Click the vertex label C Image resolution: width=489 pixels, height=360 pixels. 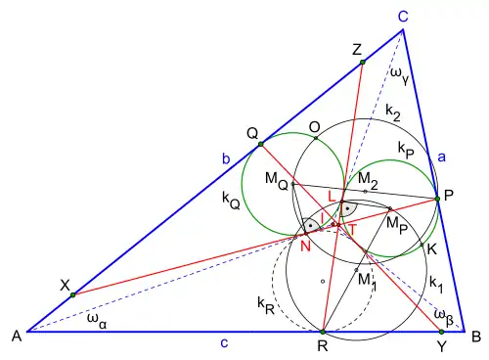[x=403, y=16]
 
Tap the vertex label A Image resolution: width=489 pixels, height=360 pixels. [x=17, y=336]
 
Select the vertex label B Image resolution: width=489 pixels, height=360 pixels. [x=476, y=337]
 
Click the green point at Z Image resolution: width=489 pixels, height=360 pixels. [x=363, y=62]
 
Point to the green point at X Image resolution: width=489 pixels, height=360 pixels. [x=73, y=294]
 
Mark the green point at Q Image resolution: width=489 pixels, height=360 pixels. [x=260, y=144]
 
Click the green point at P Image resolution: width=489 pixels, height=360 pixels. [x=437, y=199]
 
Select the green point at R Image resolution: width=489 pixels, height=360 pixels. [x=323, y=332]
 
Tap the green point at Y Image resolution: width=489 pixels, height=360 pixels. [x=441, y=332]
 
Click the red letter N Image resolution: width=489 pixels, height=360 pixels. [x=305, y=247]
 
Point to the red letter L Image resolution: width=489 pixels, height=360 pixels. [x=332, y=197]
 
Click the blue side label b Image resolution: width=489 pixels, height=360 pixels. [x=226, y=158]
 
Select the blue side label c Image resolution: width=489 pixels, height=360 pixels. [x=224, y=343]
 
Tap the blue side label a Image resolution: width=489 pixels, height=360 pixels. [x=441, y=157]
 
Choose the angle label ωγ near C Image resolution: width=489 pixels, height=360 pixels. [x=399, y=75]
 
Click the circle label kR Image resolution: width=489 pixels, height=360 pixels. [x=266, y=306]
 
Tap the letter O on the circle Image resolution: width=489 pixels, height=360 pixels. [x=315, y=127]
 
